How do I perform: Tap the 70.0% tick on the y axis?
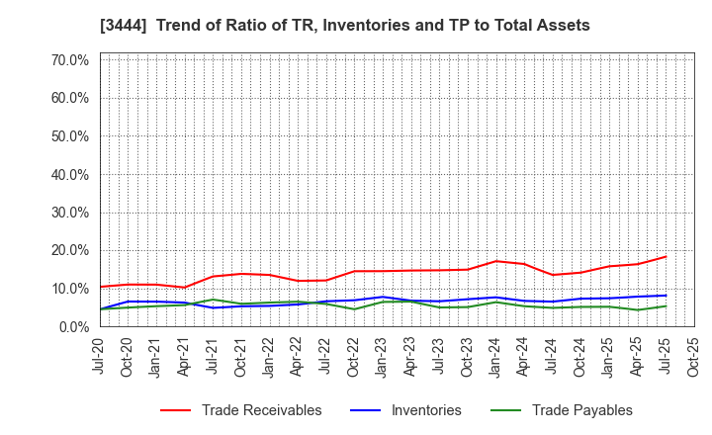69,60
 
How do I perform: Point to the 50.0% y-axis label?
69,136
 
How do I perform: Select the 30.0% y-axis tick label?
69,213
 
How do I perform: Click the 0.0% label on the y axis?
73,326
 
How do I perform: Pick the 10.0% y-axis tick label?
69,289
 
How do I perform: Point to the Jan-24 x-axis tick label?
496,354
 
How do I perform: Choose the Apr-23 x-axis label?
411,354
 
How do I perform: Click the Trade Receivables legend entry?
261,410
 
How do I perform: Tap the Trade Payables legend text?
581,410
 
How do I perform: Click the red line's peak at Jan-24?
496,261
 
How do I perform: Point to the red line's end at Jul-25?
666,257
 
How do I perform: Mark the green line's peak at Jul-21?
213,300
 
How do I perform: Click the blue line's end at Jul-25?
666,295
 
